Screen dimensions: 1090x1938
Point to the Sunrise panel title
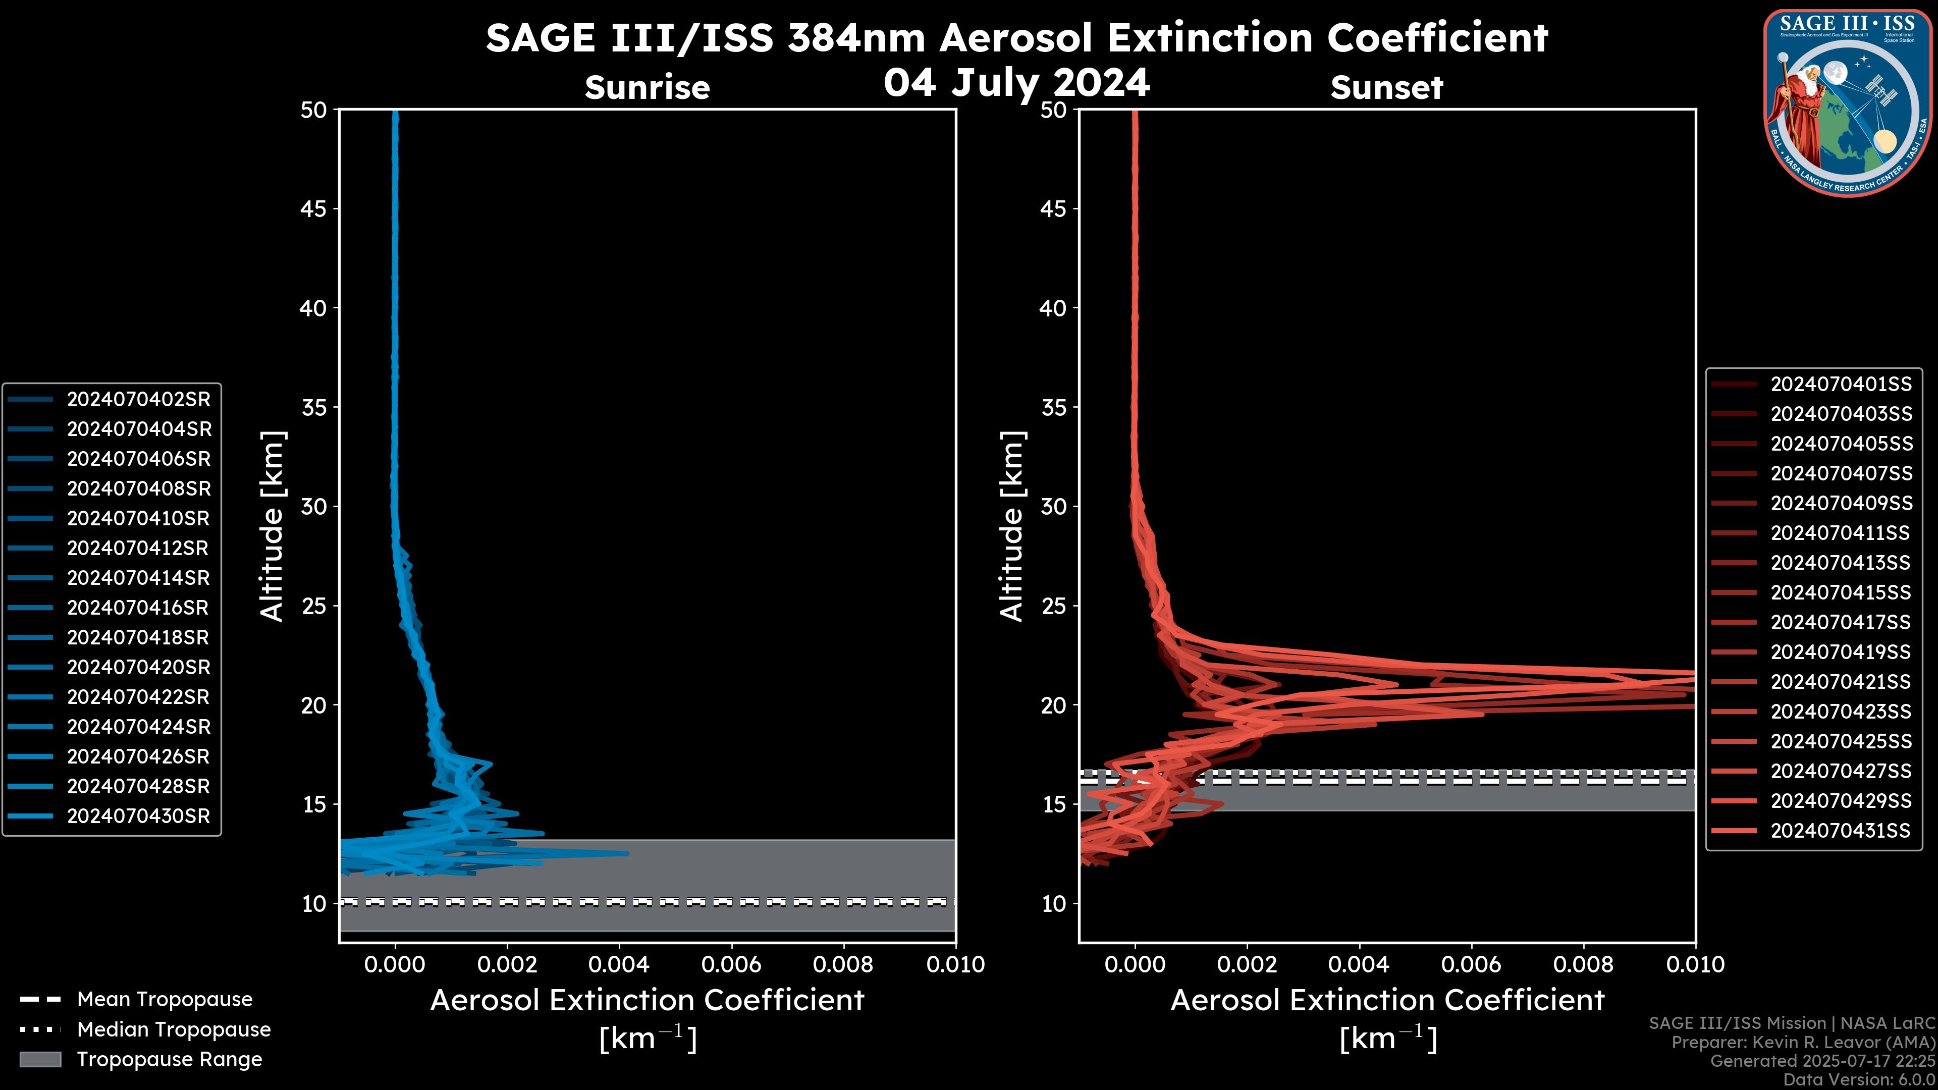(647, 88)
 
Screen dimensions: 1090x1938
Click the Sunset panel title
(1386, 88)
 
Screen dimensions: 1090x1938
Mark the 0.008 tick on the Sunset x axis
(1584, 964)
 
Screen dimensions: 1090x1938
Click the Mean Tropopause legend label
(165, 1000)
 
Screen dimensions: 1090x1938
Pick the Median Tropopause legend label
(174, 1030)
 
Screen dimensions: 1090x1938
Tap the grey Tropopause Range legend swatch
(40, 1059)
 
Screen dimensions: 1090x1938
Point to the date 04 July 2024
(1016, 83)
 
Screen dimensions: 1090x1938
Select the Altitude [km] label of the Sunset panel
(1012, 526)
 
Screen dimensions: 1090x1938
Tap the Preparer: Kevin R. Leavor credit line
(1803, 1043)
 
